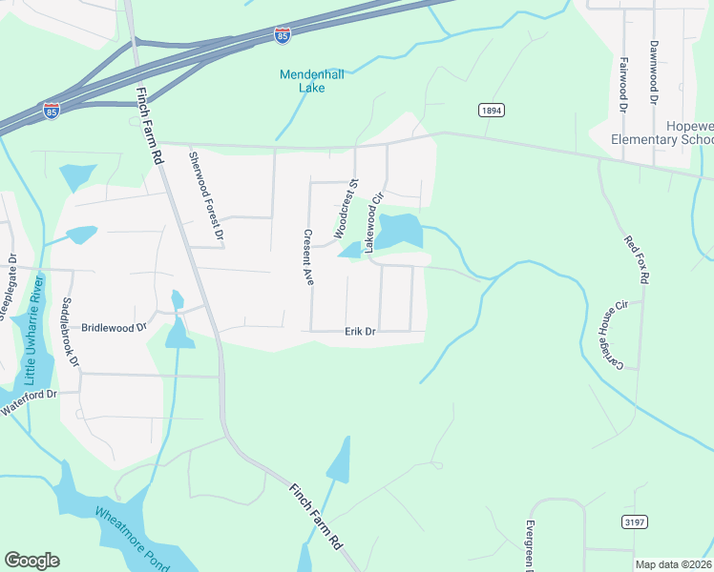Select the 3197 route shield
click(x=636, y=521)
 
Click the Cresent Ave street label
click(x=308, y=257)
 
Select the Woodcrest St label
click(x=345, y=208)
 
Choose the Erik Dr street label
click(x=360, y=332)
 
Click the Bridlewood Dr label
click(x=114, y=326)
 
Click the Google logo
click(x=31, y=561)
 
